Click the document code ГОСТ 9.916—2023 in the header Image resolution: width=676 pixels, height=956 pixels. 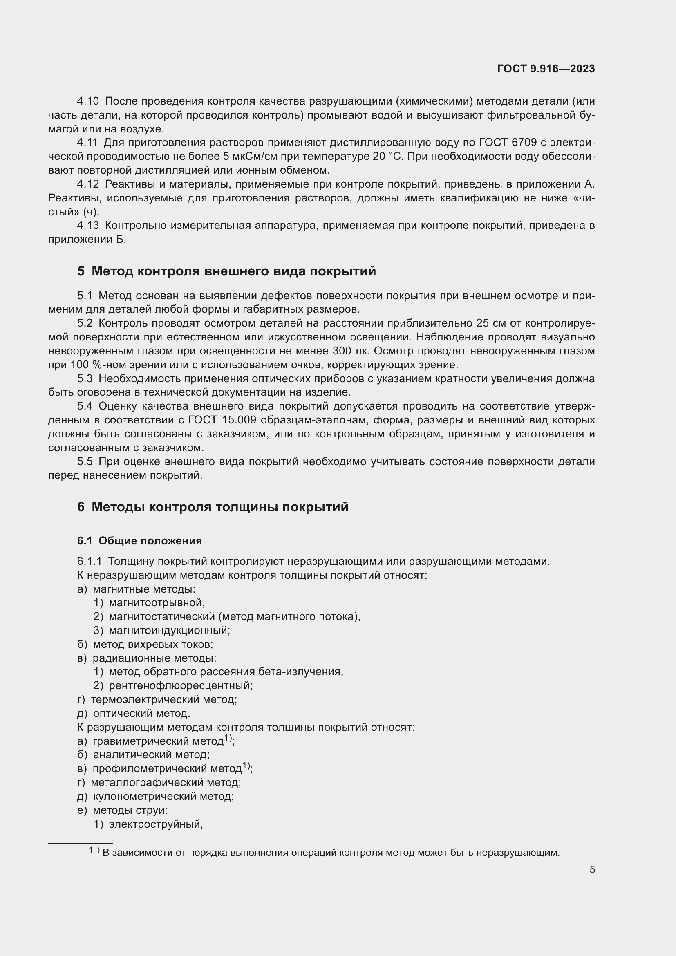[546, 69]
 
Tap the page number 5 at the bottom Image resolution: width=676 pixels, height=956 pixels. [592, 870]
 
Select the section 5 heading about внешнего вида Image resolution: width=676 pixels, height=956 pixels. [226, 271]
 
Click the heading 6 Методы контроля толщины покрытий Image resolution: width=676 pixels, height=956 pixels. [213, 507]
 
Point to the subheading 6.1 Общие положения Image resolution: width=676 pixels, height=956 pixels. [139, 541]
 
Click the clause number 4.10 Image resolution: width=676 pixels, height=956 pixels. [88, 101]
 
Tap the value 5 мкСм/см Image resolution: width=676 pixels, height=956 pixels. [247, 157]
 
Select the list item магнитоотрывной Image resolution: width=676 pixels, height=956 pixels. [157, 602]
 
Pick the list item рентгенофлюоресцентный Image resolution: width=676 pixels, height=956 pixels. [180, 685]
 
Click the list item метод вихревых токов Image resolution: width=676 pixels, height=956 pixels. [153, 644]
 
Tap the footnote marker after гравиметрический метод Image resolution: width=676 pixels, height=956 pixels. [228, 738]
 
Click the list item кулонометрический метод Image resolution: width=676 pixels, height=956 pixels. [163, 796]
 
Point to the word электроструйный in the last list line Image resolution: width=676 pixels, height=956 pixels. [156, 824]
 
